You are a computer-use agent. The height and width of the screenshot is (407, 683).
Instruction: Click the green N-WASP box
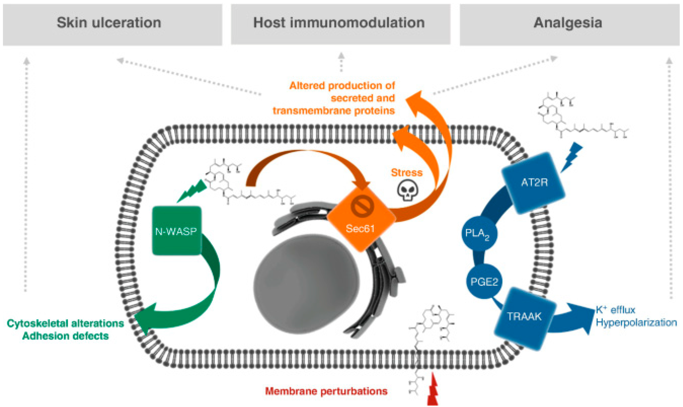(177, 231)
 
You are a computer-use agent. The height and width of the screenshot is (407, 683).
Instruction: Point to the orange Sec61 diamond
(361, 219)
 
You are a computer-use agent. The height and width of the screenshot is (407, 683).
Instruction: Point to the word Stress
(406, 173)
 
